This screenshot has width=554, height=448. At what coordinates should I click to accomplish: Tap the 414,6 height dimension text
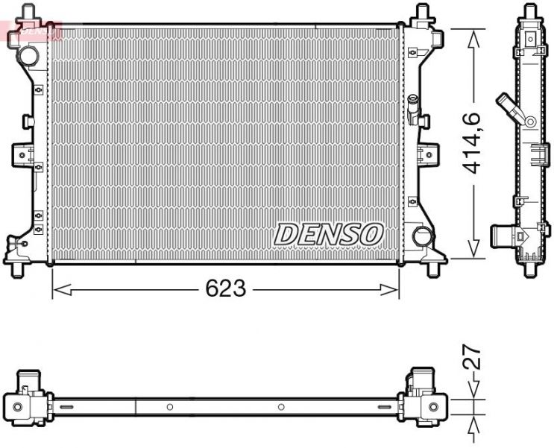[471, 142]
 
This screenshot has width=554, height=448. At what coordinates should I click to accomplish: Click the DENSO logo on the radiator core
[329, 233]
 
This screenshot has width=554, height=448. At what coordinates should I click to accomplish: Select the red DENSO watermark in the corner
[30, 30]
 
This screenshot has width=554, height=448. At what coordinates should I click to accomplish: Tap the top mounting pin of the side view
[530, 9]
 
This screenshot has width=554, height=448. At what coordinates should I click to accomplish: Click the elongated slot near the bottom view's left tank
[67, 407]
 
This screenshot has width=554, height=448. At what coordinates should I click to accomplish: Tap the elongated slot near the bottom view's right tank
[385, 407]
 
